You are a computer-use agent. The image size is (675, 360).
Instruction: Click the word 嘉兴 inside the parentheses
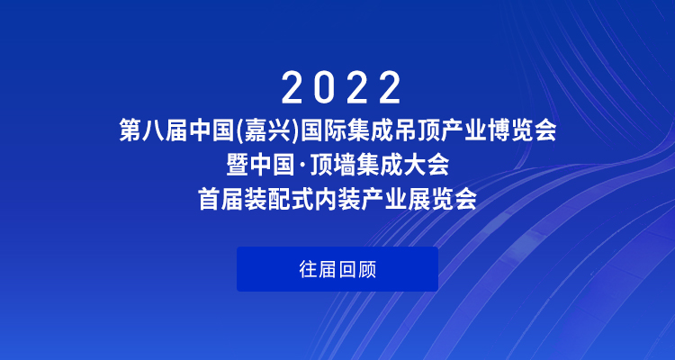268,131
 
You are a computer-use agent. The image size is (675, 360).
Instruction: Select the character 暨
237,166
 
